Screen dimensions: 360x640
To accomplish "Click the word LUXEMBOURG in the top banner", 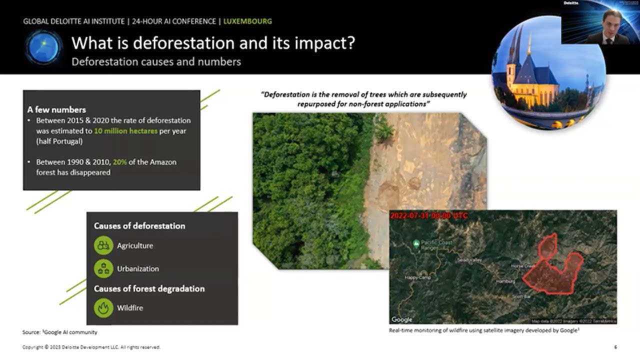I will coord(247,21).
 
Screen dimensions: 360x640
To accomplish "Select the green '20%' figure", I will coord(120,162).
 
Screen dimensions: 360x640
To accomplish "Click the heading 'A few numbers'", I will coord(56,109).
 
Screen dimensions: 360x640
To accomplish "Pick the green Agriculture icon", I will coord(103,245).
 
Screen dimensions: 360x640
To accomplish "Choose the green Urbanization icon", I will coord(103,268).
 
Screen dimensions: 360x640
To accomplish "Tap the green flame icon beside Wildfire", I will coord(103,307).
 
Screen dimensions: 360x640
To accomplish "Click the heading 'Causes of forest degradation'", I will coord(149,288).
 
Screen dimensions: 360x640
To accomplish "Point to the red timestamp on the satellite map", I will coord(429,215).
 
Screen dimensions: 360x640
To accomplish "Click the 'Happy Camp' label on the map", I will coord(417,277).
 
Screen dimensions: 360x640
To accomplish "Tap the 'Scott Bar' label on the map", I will coord(521,296).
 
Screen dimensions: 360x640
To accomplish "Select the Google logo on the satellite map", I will coord(402,319).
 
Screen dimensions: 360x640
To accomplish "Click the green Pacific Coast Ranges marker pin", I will coord(416,243).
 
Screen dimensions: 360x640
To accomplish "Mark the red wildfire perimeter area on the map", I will coord(552,270).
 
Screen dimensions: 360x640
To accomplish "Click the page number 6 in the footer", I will coord(615,347).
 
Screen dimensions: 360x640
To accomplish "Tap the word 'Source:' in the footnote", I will coord(30,332).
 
